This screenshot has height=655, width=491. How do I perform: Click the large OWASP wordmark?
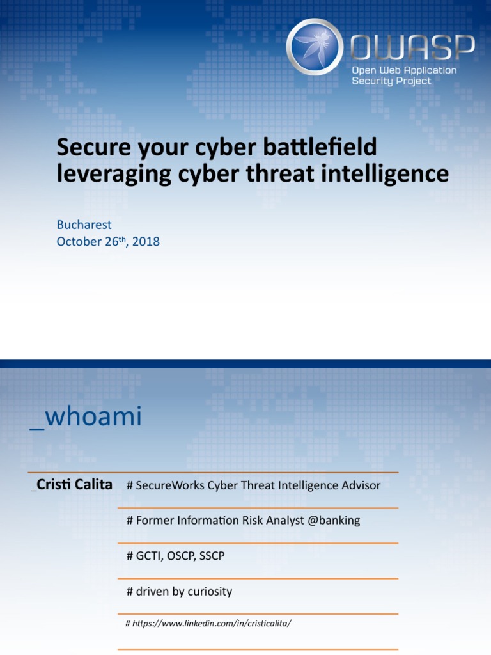tap(413, 47)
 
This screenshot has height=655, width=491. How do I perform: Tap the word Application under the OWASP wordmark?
tap(430, 70)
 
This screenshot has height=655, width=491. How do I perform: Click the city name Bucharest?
tap(84, 225)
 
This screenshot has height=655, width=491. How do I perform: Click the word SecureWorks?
tap(166, 485)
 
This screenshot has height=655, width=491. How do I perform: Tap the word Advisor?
tap(361, 485)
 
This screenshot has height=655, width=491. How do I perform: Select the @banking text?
tap(334, 521)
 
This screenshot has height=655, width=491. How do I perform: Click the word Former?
tap(153, 521)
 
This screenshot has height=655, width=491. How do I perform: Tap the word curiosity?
tap(210, 592)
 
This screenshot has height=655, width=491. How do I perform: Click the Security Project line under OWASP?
tap(391, 81)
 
